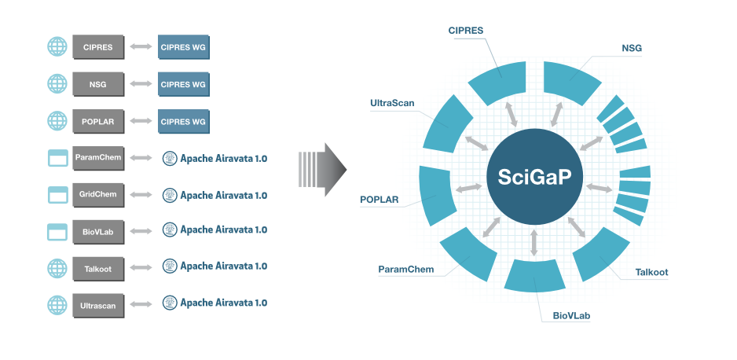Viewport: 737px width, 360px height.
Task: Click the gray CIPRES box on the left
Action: coord(98,46)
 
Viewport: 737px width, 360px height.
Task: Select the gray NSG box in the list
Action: coord(98,83)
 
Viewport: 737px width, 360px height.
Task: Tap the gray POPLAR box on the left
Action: coord(98,121)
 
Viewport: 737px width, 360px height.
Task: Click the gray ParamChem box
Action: coord(98,158)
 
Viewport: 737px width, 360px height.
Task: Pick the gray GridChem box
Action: coord(98,195)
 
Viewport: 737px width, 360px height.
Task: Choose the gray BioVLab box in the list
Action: coord(98,231)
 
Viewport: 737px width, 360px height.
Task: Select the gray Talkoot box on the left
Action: coord(98,269)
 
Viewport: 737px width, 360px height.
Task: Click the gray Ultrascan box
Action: coord(98,305)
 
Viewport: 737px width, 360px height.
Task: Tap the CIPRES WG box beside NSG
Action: coord(184,83)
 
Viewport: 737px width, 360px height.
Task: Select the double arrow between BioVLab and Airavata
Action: coord(141,231)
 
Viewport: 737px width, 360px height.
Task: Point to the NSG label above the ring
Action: coord(631,48)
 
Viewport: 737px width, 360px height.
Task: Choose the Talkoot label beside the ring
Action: coord(651,273)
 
